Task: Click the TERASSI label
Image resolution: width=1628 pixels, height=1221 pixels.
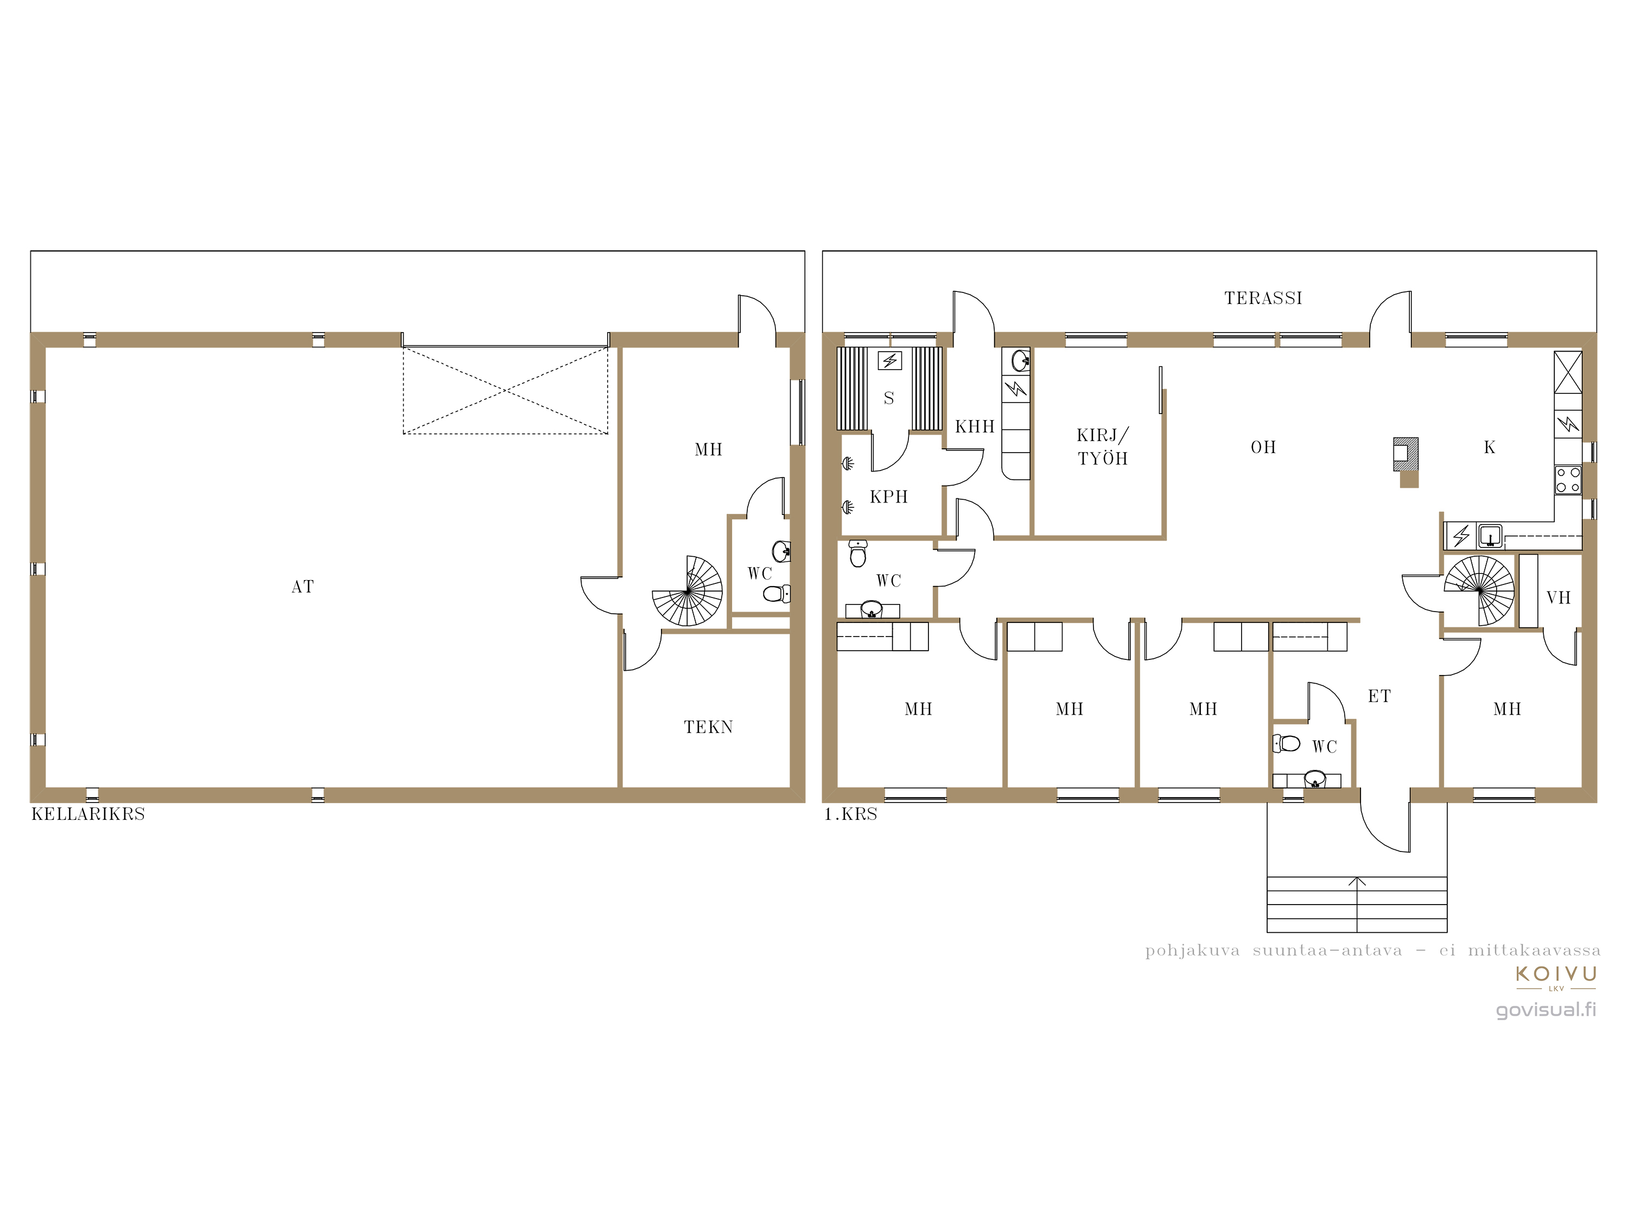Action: (1263, 298)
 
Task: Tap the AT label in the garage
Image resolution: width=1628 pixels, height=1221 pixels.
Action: (302, 587)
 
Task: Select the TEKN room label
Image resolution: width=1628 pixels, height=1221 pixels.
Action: (708, 727)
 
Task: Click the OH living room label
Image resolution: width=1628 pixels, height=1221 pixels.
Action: (1263, 447)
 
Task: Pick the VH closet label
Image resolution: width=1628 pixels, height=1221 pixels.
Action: (1558, 597)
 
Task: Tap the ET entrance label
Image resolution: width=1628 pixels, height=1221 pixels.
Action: (1379, 696)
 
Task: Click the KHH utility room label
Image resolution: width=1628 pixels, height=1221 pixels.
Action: (975, 427)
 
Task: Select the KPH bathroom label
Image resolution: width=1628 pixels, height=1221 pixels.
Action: (888, 497)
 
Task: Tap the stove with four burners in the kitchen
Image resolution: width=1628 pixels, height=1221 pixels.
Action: (1568, 480)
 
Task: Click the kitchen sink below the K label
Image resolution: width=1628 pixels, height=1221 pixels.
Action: (1490, 535)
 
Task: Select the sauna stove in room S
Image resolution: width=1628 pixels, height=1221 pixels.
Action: (890, 361)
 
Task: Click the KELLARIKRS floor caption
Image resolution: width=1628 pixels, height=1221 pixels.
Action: (88, 814)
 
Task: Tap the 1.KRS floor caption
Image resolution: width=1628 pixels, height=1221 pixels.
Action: (851, 814)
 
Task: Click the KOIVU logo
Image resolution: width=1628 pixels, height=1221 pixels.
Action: (1556, 977)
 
